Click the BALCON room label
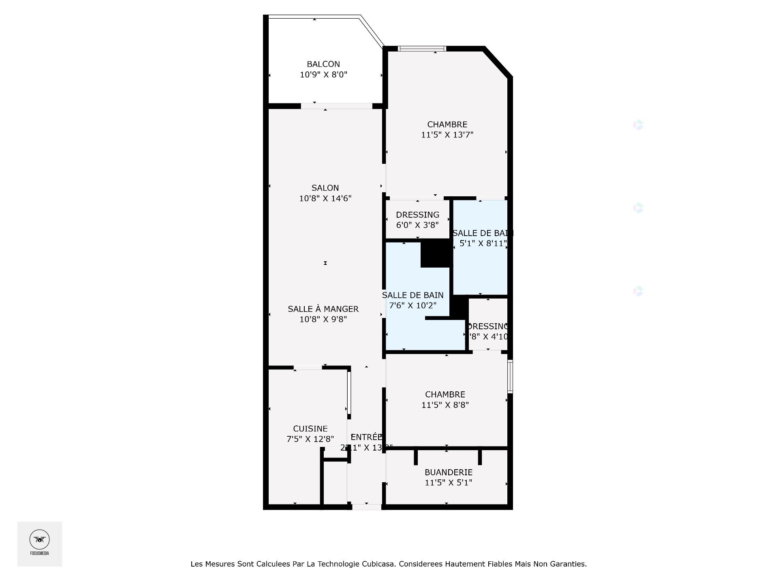click(x=323, y=64)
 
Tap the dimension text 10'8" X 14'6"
click(x=325, y=198)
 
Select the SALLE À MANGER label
click(x=323, y=309)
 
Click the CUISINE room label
click(x=310, y=429)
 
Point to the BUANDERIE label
click(x=448, y=472)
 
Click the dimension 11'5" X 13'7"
click(x=447, y=135)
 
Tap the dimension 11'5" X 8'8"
click(x=445, y=405)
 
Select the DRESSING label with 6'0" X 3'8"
click(x=417, y=215)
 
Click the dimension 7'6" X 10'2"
click(x=413, y=305)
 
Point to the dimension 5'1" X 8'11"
click(x=483, y=243)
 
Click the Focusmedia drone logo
click(x=39, y=540)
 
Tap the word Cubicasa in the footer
click(x=378, y=564)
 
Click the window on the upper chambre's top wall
click(x=422, y=49)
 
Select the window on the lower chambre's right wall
click(x=510, y=376)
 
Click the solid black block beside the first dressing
click(x=436, y=253)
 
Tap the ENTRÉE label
click(x=366, y=437)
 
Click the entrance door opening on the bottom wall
click(x=366, y=507)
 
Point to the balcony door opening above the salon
click(x=336, y=106)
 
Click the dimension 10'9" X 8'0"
click(x=323, y=75)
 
